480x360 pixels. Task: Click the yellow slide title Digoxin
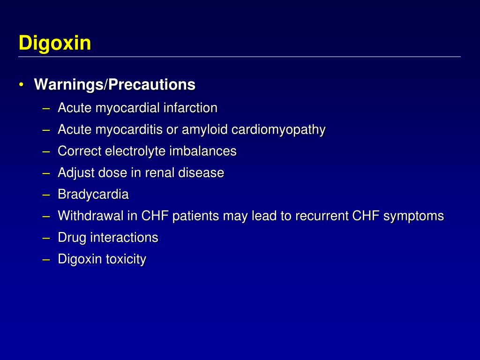point(55,44)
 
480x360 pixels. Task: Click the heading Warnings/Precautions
point(114,85)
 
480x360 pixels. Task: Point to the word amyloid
point(203,129)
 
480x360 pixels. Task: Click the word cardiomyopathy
point(278,129)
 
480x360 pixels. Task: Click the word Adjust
point(76,172)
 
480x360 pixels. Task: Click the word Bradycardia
point(93,194)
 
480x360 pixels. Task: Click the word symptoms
point(413,216)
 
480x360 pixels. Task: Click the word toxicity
point(126,259)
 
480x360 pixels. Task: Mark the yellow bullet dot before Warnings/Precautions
point(22,85)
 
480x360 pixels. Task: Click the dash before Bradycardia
point(45,194)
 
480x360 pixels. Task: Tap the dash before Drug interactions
point(45,237)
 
